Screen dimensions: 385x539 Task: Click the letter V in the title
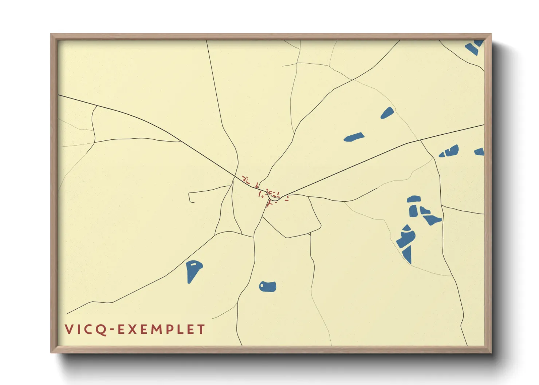point(69,329)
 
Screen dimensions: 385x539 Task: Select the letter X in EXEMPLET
point(131,329)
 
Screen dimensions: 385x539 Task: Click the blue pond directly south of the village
point(268,286)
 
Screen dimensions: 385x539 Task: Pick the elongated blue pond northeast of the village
point(354,137)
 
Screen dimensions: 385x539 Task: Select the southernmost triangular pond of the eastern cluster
point(408,254)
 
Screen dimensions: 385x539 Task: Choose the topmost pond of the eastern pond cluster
point(414,199)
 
